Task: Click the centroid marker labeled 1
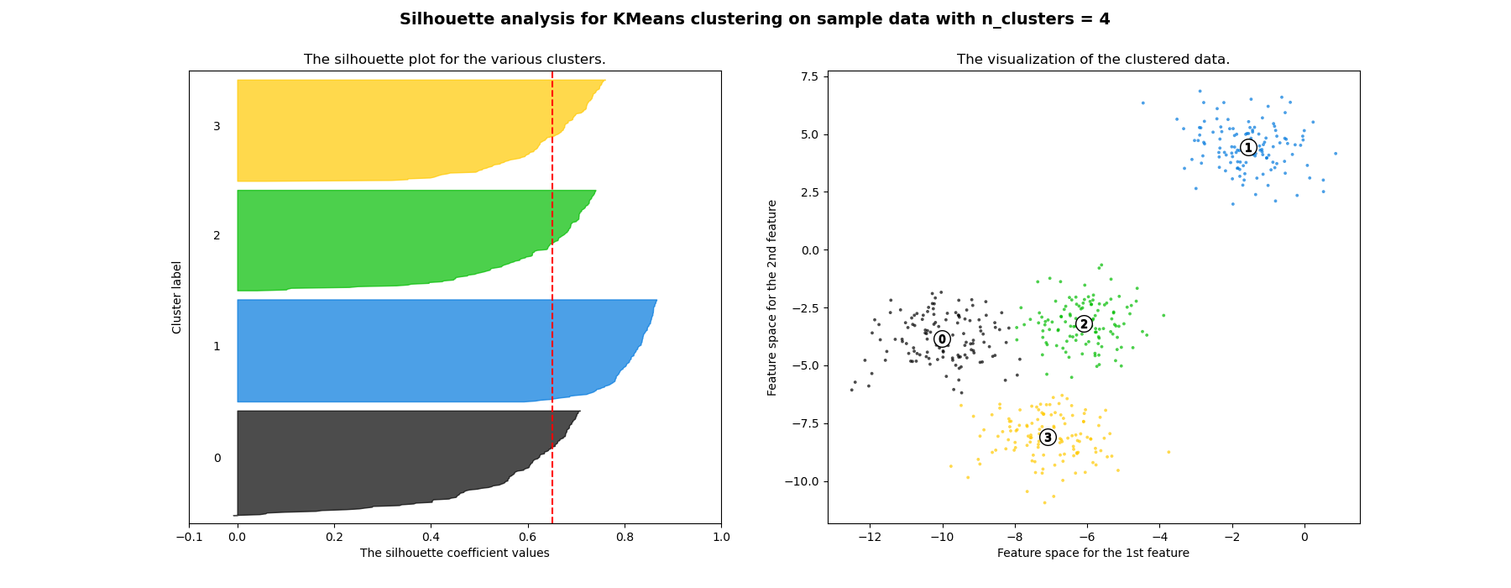coord(1248,148)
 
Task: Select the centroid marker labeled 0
coord(942,339)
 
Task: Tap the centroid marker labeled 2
coord(1084,324)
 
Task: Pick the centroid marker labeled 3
coord(1048,438)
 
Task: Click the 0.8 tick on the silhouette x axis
coord(625,537)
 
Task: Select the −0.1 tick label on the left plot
coord(189,537)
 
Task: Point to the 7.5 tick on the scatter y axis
coord(809,76)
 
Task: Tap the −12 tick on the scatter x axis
coord(870,537)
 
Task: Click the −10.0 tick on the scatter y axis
coord(802,481)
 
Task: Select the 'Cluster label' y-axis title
coord(177,297)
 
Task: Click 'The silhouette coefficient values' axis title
coord(454,553)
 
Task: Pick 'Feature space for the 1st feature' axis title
coord(1093,553)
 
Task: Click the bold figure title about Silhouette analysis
coord(755,19)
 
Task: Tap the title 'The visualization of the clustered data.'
coord(1093,60)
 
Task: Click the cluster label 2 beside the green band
coord(217,236)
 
